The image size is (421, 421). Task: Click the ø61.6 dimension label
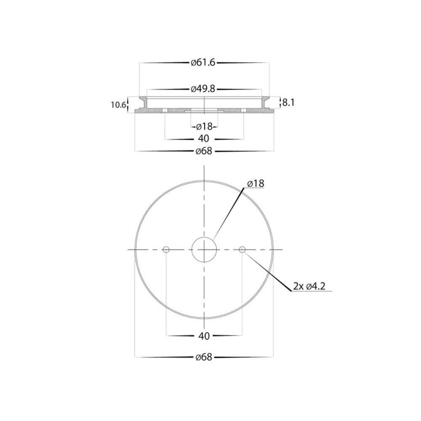(203, 63)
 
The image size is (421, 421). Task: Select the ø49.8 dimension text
(203, 89)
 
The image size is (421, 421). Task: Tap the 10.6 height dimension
(118, 105)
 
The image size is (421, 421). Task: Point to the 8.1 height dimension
(288, 102)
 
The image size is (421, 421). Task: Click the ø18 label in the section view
(204, 126)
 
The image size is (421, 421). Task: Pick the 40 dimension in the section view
(204, 139)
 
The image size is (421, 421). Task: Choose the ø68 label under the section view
(204, 151)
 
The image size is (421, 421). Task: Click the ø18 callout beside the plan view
(256, 184)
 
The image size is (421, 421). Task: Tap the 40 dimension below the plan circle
(204, 336)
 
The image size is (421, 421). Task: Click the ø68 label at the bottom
(204, 357)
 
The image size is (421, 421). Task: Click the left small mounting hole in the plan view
(166, 250)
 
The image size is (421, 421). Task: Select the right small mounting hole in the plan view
(242, 250)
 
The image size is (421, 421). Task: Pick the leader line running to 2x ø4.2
(269, 272)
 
